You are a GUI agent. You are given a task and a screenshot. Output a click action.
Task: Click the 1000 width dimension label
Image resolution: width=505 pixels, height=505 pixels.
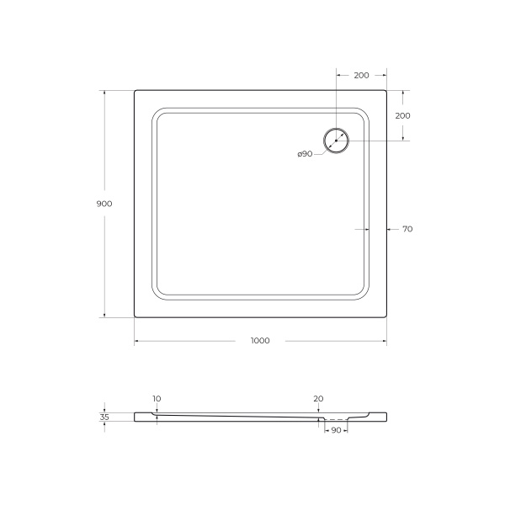260,340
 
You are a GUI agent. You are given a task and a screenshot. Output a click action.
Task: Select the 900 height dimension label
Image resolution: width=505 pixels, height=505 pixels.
104,204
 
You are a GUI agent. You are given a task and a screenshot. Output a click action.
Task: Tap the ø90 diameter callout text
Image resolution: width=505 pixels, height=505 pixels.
305,153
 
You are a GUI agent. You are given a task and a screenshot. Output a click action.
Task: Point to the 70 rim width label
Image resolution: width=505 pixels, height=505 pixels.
407,229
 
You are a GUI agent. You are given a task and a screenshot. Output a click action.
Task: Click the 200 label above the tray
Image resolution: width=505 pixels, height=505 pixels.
361,76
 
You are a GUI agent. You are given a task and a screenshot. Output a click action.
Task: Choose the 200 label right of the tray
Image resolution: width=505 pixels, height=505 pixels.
402,115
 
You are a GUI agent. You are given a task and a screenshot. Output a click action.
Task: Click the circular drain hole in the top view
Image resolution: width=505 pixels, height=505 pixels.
335,140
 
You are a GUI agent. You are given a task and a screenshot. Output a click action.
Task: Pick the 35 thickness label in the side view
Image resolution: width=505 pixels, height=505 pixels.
104,416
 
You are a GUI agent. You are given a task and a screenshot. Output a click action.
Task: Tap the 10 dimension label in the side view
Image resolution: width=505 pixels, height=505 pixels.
157,398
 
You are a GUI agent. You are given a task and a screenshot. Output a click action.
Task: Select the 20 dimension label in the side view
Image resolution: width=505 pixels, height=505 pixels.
318,398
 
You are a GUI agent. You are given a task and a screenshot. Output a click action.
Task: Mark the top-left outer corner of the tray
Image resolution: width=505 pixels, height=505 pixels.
135,91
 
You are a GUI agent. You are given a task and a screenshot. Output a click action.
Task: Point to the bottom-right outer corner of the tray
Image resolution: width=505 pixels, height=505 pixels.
385,316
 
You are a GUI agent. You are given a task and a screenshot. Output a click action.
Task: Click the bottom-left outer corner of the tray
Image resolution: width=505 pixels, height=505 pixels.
135,316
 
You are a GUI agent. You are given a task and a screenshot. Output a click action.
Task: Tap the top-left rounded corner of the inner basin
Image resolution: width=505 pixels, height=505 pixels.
157,113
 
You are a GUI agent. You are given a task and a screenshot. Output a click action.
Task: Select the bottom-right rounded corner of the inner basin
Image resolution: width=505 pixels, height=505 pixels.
364,295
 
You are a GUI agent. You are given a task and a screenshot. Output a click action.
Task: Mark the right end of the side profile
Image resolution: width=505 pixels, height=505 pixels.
385,415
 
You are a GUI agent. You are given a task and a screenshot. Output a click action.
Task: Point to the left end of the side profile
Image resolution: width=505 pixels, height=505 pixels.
135,415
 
